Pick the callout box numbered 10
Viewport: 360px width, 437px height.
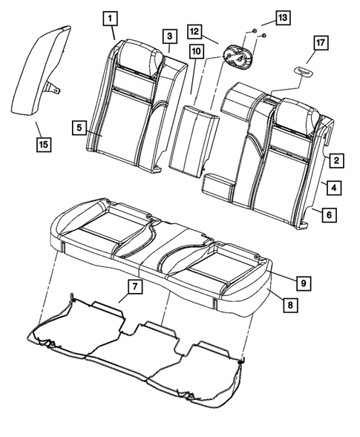tap(195, 51)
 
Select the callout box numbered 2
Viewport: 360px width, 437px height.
tap(336, 160)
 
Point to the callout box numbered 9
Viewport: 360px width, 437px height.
tap(304, 282)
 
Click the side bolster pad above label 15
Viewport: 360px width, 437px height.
tap(39, 70)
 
